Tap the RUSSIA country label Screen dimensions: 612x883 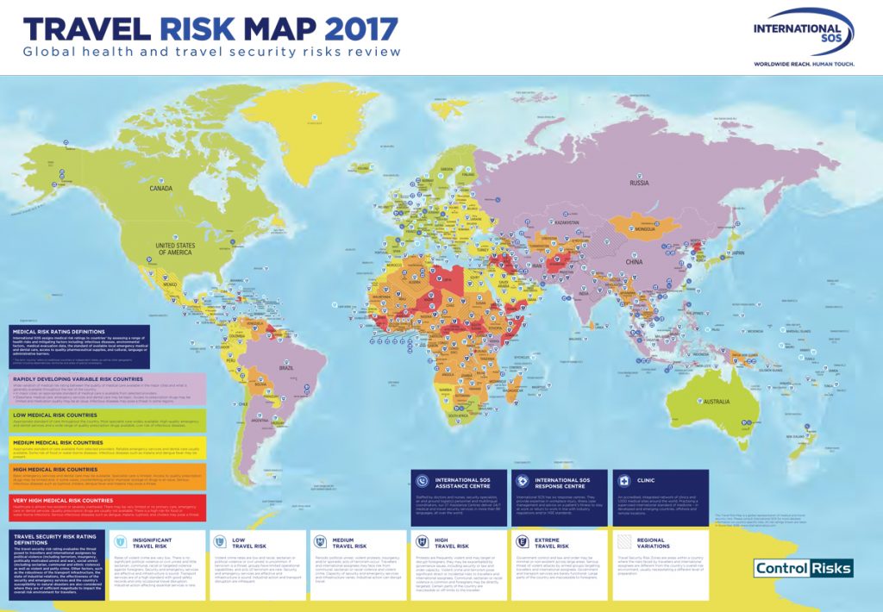click(639, 183)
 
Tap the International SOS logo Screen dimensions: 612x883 click(802, 34)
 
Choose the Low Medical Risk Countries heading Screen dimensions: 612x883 click(61, 414)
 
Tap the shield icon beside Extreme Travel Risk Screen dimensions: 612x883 click(522, 543)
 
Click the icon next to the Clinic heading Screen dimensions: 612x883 click(620, 480)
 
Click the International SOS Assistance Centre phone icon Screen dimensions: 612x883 click(422, 480)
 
